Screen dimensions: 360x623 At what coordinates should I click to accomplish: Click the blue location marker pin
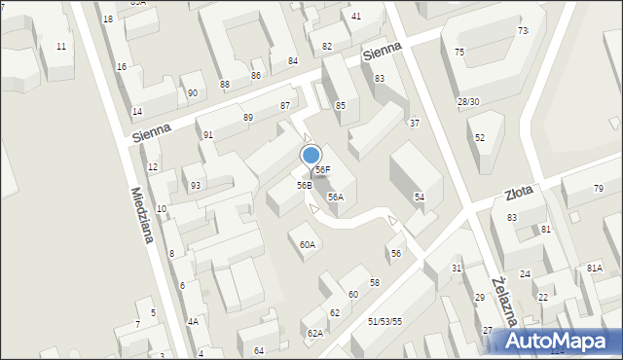(311, 156)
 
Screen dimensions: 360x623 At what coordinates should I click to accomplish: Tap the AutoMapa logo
(556, 341)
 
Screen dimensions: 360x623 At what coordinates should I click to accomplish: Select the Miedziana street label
(142, 216)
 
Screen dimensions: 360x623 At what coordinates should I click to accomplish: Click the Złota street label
(520, 193)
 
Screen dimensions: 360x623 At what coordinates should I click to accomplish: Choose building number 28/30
(468, 102)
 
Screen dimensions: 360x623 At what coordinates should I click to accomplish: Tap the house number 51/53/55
(385, 321)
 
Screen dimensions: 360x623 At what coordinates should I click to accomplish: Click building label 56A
(335, 197)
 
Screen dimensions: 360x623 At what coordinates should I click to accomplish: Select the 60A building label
(308, 245)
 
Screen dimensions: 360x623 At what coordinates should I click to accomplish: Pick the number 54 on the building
(420, 198)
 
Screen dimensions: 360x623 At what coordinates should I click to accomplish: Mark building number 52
(480, 138)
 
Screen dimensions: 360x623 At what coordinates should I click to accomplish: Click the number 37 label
(415, 123)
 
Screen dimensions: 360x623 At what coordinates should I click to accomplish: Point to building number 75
(459, 53)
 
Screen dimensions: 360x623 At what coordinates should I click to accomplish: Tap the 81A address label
(594, 268)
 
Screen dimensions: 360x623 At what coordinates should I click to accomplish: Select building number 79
(599, 188)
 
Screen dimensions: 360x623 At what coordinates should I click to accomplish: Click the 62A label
(314, 333)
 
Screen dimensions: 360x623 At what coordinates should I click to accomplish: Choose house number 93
(196, 185)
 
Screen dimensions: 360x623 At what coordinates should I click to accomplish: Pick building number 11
(61, 47)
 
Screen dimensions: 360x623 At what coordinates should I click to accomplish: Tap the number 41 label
(356, 17)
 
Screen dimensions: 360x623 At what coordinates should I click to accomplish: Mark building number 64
(259, 350)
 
